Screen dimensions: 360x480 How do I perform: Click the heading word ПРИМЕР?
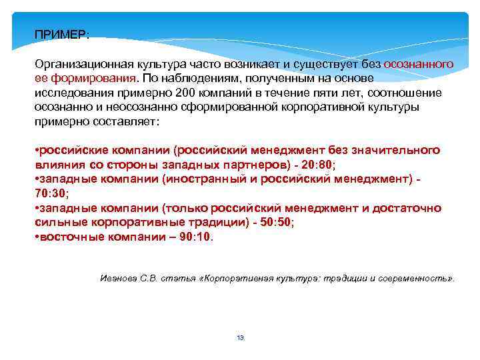pos(61,34)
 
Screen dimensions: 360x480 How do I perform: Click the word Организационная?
pos(75,63)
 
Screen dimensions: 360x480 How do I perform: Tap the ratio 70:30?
pos(51,193)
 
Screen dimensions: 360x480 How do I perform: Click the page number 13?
pos(240,338)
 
